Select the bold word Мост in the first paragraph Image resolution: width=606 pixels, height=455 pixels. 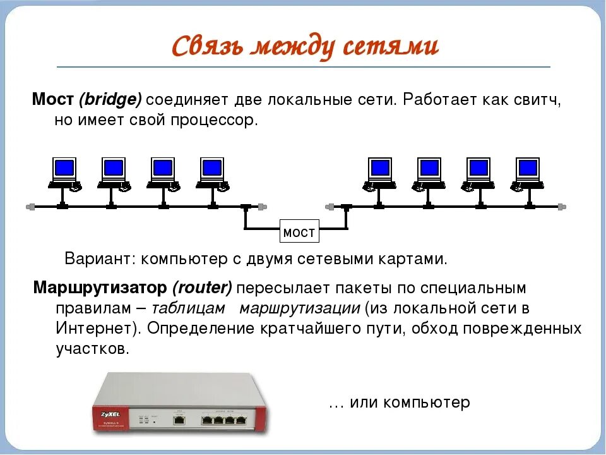54,100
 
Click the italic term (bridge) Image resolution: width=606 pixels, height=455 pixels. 111,100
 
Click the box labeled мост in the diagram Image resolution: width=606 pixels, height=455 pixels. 299,233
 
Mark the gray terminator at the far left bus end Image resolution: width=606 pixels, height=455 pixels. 29,207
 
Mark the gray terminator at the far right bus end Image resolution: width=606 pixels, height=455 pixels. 562,207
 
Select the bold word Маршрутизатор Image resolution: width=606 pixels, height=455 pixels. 101,288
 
